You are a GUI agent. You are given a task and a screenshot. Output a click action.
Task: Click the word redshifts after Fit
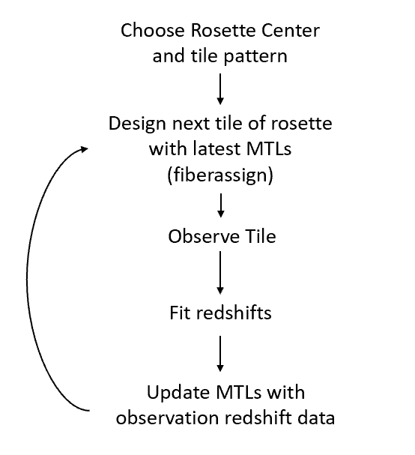[233, 313]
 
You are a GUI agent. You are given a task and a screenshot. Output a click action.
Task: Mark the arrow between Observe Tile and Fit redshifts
[220, 274]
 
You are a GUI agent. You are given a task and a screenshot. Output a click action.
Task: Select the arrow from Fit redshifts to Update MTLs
[220, 352]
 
